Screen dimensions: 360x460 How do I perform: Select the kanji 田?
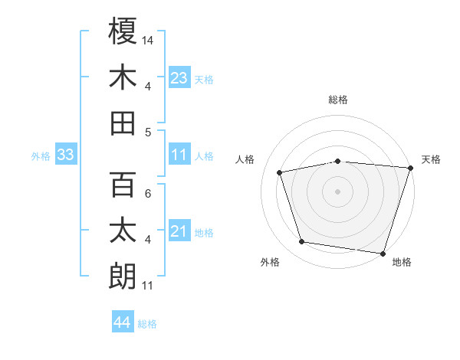[x=123, y=123]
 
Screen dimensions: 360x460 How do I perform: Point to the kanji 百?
[x=123, y=185]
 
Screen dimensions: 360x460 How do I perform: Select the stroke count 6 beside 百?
[x=148, y=194]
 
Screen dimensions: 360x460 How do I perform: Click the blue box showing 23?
[x=179, y=77]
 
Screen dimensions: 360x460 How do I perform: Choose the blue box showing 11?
[x=179, y=155]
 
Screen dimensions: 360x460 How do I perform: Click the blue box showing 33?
[x=65, y=155]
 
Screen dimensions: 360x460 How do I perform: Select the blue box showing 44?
[x=122, y=322]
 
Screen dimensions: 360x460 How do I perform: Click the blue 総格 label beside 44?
[x=147, y=324]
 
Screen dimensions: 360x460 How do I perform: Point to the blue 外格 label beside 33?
[x=41, y=156]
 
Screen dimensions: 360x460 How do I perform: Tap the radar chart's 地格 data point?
[x=383, y=252]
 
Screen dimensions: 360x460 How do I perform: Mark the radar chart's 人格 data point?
[x=280, y=172]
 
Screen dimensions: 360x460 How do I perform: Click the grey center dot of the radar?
[x=337, y=191]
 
